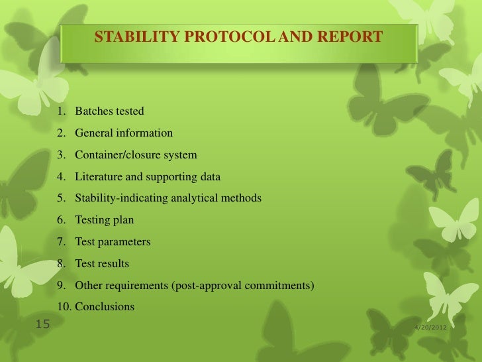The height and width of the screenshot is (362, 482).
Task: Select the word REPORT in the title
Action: (351, 37)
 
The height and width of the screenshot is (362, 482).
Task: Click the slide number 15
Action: (42, 325)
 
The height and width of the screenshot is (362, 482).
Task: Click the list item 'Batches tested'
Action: (109, 111)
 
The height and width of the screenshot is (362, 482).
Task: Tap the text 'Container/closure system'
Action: (136, 154)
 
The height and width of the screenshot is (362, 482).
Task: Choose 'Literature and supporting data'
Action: (148, 176)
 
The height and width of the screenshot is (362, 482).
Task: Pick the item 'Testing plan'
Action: (105, 220)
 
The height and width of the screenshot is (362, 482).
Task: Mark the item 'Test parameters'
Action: (113, 242)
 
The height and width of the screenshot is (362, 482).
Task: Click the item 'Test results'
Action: (102, 264)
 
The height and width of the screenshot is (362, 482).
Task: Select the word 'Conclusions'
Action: (105, 307)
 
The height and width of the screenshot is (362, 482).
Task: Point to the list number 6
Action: (61, 220)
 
